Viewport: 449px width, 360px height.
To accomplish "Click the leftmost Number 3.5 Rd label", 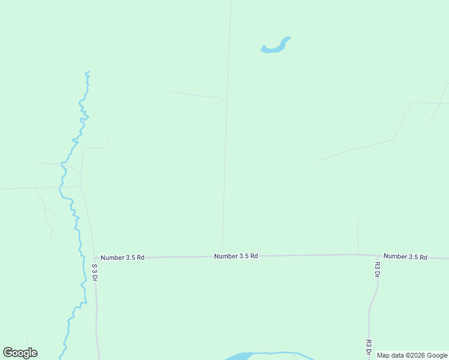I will click(122, 257).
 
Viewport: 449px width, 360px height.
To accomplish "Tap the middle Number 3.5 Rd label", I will click(236, 256).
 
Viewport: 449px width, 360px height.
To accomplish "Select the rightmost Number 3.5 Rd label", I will click(405, 257).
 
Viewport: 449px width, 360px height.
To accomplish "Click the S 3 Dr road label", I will click(94, 272).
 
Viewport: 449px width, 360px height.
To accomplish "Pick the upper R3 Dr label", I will click(377, 270).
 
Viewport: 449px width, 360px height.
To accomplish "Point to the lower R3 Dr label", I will click(368, 348).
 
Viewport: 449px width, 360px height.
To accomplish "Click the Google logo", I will click(20, 353).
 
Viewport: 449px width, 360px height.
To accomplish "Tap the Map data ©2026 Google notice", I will click(412, 355).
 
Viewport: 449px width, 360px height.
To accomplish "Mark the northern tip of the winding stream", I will click(88, 73).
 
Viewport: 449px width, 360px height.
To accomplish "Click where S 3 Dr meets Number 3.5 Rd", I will click(94, 259).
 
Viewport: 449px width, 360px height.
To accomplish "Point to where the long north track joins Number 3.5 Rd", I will click(223, 256).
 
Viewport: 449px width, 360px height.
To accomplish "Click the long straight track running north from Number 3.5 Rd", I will click(226, 150).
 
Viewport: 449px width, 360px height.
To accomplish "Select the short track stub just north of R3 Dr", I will click(358, 237).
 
